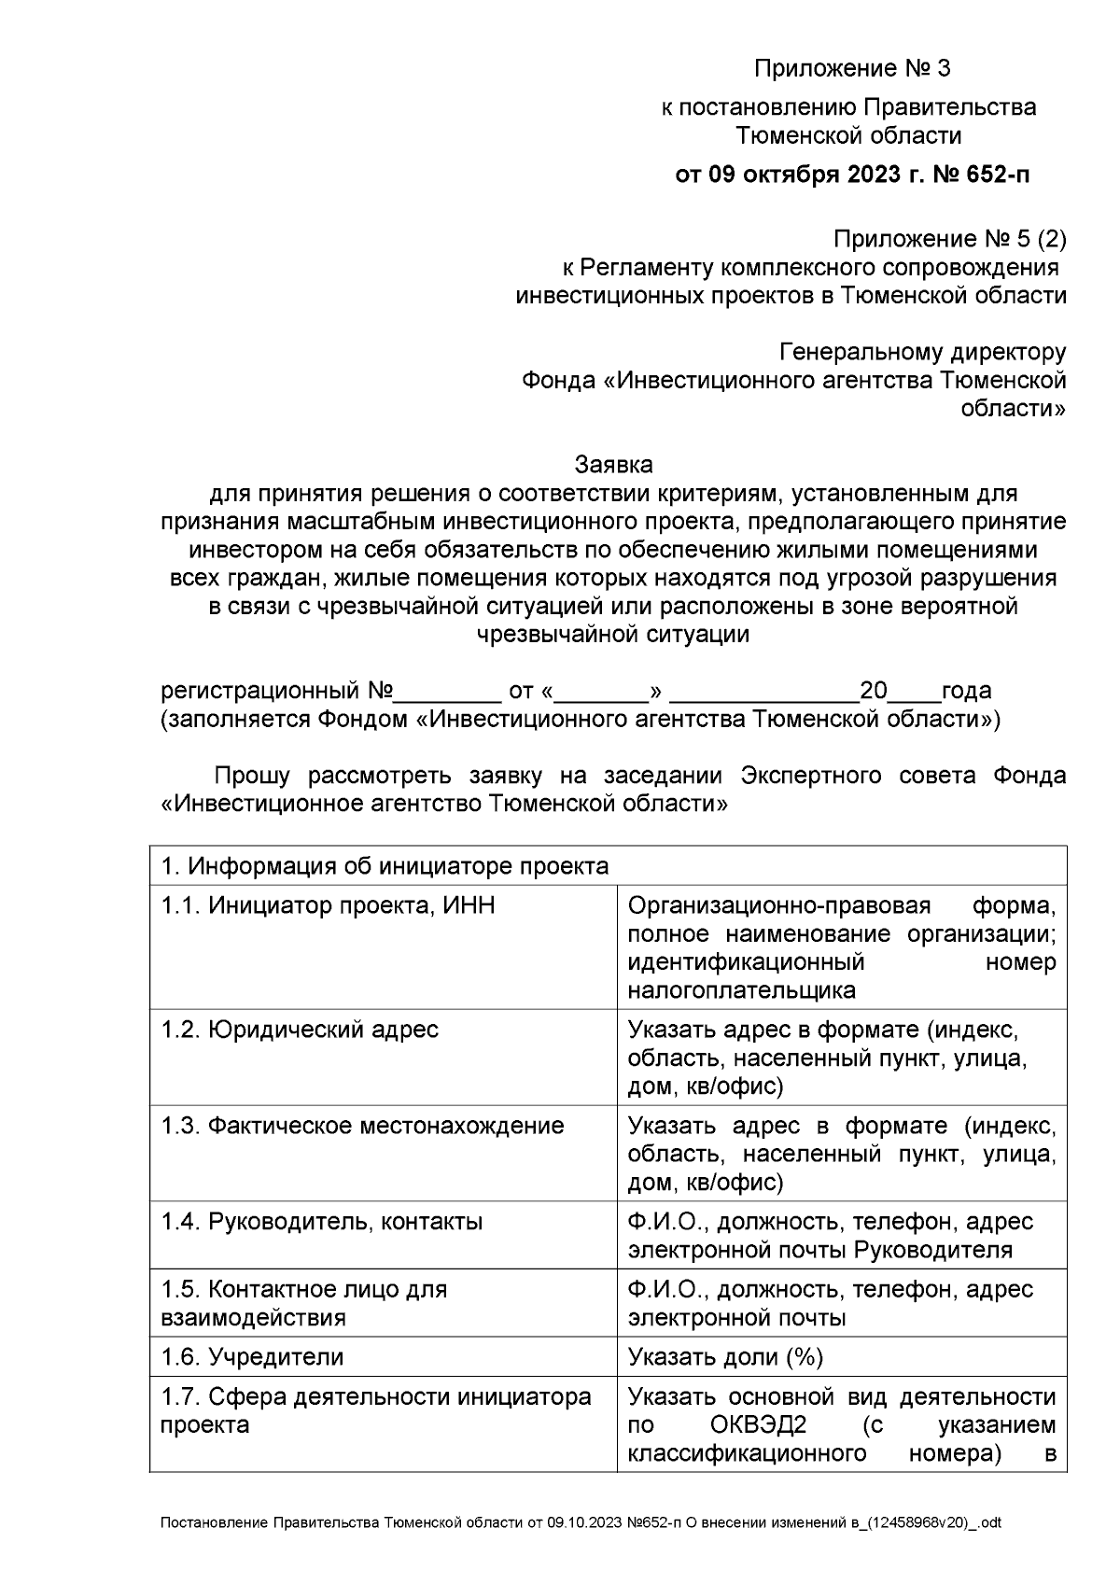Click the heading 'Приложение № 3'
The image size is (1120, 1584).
(851, 69)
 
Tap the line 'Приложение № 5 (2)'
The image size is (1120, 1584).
(949, 240)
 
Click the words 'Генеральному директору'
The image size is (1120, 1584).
(922, 352)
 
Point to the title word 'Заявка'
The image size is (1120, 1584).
(613, 464)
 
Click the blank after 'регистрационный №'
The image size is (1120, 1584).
(449, 693)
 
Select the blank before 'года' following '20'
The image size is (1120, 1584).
(914, 693)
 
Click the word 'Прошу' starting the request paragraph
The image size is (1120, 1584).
(253, 776)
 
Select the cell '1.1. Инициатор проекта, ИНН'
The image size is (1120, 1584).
(328, 905)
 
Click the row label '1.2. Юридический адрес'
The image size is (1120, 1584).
(299, 1030)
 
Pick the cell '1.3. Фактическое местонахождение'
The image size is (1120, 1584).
(362, 1126)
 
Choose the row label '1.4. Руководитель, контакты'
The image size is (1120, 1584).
(322, 1222)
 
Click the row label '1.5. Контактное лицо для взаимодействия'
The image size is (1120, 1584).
(304, 1303)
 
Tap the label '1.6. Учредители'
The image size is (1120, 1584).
(252, 1356)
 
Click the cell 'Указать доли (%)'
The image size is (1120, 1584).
(725, 1356)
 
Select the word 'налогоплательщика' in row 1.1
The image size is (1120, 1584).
(742, 990)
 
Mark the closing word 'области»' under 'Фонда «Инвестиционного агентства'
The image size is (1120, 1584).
(1014, 409)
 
